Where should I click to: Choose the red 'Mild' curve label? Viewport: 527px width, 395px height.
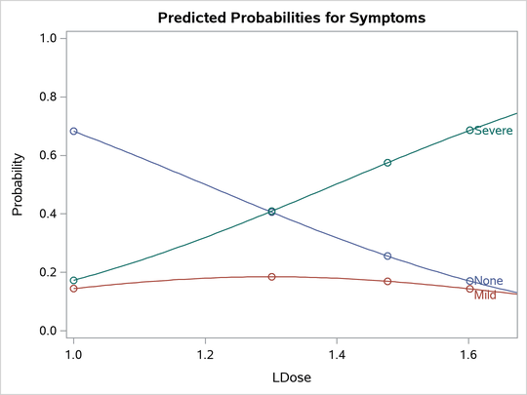(485, 295)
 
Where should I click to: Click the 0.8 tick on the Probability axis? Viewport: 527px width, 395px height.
(47, 97)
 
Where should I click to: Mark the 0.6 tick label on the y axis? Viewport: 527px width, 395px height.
(47, 155)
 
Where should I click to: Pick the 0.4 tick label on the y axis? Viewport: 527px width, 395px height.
(47, 214)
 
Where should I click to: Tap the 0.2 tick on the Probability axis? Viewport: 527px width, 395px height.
(47, 272)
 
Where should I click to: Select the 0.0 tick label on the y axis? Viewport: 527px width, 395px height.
(47, 331)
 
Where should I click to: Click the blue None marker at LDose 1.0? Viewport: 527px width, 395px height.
(73, 131)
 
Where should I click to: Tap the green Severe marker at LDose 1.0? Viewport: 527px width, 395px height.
(73, 281)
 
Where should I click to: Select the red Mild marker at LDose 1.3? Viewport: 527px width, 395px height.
(271, 277)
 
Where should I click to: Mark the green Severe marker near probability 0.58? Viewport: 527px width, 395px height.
(387, 163)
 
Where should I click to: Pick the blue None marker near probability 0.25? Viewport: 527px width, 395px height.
(387, 257)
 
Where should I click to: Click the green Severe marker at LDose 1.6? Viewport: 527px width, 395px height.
(469, 130)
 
